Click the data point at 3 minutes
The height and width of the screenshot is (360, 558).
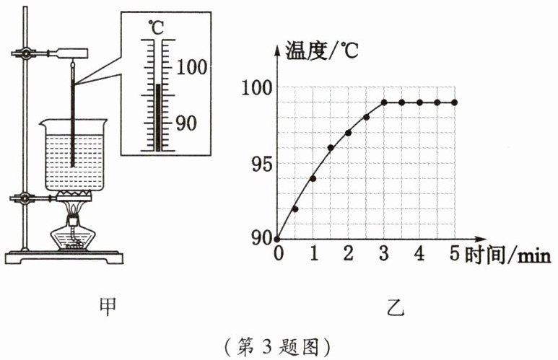tap(384, 102)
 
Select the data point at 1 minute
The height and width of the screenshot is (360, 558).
tap(313, 178)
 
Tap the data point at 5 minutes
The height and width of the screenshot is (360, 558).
tap(455, 102)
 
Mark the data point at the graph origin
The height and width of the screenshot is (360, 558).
tap(278, 239)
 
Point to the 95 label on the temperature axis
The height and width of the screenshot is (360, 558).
tap(261, 164)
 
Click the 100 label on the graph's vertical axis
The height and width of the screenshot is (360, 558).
tap(257, 87)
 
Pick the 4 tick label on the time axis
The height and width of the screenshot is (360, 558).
tap(419, 254)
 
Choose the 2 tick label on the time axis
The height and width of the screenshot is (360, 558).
tap(349, 254)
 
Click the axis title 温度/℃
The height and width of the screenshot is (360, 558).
tap(322, 51)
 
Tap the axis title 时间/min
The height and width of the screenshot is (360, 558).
tap(507, 255)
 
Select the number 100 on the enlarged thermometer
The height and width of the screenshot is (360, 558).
tap(191, 67)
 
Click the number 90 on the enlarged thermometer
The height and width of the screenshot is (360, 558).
tap(186, 123)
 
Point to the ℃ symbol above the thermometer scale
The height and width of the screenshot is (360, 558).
tap(156, 27)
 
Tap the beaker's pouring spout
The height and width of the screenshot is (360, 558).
tap(43, 123)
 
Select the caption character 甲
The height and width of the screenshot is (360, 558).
tap(108, 307)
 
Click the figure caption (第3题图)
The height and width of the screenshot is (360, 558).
tap(279, 346)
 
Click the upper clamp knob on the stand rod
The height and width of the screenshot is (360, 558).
tap(25, 53)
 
